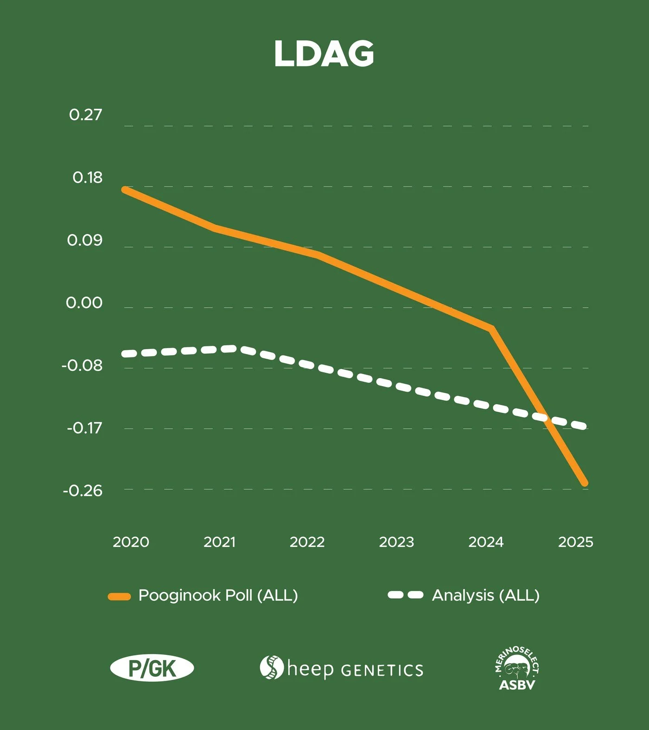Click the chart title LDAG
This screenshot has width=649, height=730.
pos(324,54)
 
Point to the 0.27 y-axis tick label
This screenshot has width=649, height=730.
pos(85,114)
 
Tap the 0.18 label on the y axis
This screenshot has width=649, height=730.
pos(87,178)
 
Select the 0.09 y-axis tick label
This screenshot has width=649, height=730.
pos(84,240)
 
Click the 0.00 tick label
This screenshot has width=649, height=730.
pos(84,303)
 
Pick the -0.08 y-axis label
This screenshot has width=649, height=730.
pos(82,365)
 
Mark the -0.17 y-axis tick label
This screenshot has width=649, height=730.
pos(84,427)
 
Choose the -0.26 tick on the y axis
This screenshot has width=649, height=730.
pos(83,490)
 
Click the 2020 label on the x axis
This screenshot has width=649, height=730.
pos(131,542)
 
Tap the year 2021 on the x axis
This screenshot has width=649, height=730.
pos(219,542)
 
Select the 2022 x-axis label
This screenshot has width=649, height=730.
pos(307,542)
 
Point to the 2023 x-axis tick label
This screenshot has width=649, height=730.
pos(396,542)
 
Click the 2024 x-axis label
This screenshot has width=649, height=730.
pos(486,542)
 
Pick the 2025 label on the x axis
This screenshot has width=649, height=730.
pos(575,542)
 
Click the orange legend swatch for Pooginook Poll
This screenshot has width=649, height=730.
pos(119,597)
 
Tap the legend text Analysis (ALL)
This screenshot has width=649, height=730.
pos(486,596)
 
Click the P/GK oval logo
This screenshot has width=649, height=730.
pos(152,668)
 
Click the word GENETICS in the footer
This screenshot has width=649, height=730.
pos(382,670)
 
